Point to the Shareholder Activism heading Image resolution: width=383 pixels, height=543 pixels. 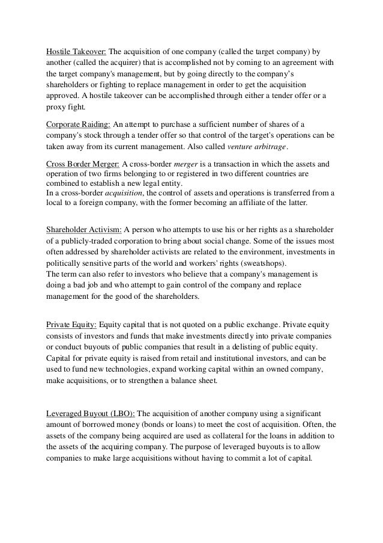pos(85,229)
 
